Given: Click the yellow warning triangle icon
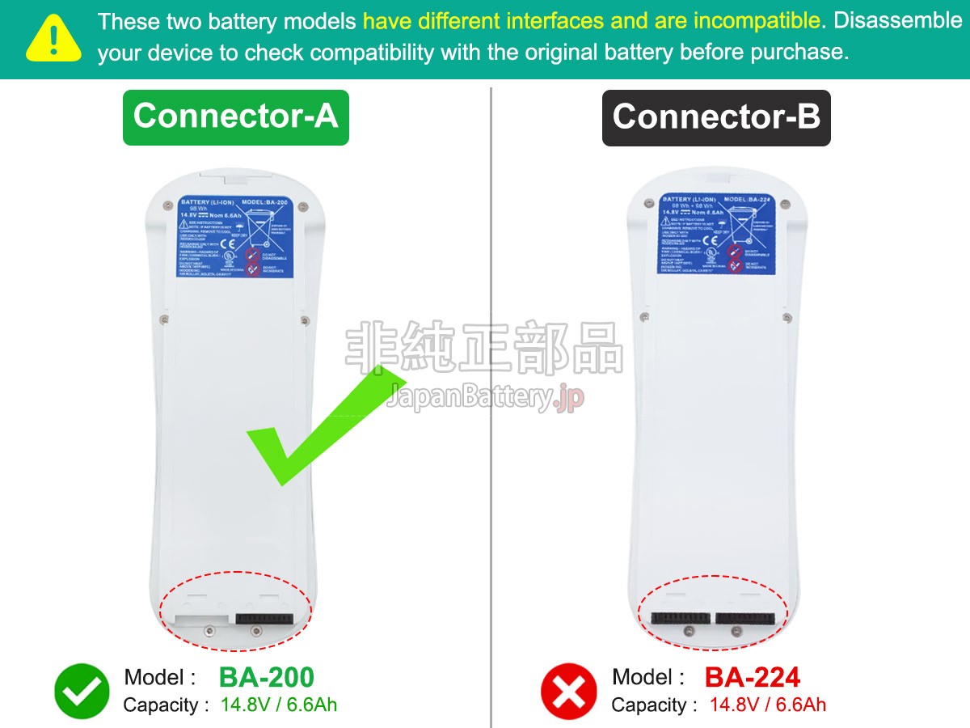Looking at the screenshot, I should (x=54, y=38).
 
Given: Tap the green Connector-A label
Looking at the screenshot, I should (x=235, y=116).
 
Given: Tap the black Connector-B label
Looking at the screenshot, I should (x=716, y=117).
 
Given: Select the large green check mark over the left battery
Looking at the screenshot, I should (x=323, y=425).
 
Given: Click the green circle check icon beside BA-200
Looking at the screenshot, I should (x=82, y=692).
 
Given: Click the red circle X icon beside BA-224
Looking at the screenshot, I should (x=568, y=692).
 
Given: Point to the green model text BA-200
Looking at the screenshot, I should (x=266, y=678).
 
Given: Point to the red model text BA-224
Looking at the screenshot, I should (x=753, y=678).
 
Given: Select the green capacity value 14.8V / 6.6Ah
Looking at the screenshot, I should (x=279, y=705).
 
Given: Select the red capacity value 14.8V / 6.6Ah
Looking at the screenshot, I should (x=768, y=705).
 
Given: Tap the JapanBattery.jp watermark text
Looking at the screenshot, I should (x=485, y=397).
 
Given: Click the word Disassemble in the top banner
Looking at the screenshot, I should (x=897, y=20).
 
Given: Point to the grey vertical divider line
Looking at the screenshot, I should (x=491, y=404).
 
